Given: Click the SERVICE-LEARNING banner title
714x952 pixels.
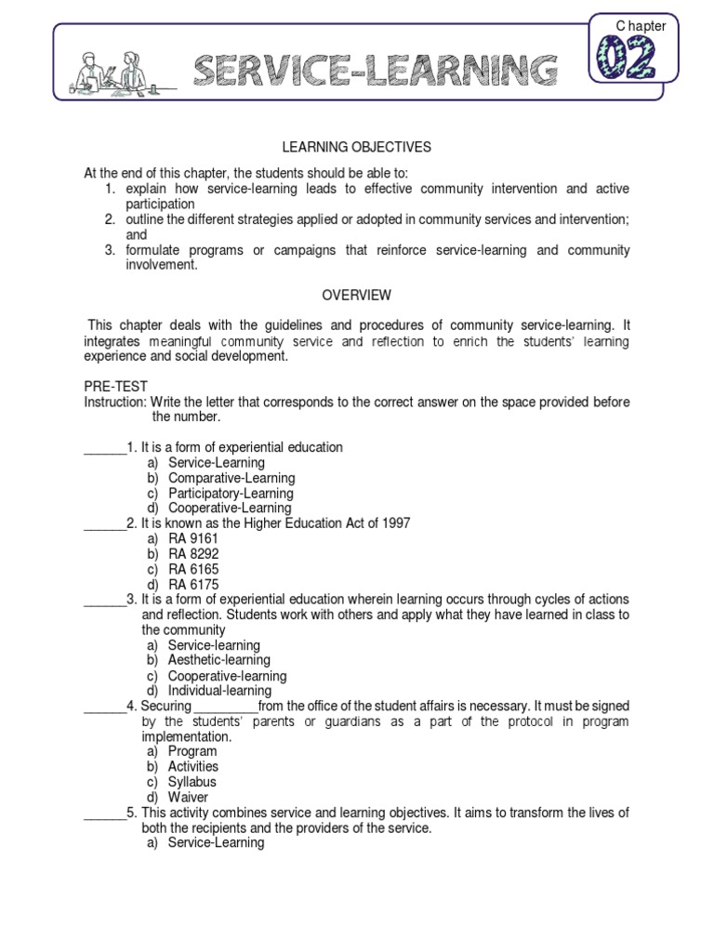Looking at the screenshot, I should click(x=377, y=71).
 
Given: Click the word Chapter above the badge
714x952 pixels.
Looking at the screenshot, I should click(x=641, y=26).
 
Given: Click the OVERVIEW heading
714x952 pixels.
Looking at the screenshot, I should click(x=357, y=296).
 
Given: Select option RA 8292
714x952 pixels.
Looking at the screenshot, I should click(x=193, y=553).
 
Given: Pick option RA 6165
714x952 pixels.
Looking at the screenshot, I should click(x=193, y=569).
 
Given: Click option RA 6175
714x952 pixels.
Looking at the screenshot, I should click(x=193, y=584).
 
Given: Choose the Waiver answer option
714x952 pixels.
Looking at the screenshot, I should click(x=188, y=797).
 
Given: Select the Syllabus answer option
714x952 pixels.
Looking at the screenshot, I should click(x=192, y=782).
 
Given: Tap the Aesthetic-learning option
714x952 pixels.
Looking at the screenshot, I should click(x=219, y=660).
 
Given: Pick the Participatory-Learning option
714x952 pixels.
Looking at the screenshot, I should click(x=231, y=493).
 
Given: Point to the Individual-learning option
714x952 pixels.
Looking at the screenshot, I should click(x=219, y=691).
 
